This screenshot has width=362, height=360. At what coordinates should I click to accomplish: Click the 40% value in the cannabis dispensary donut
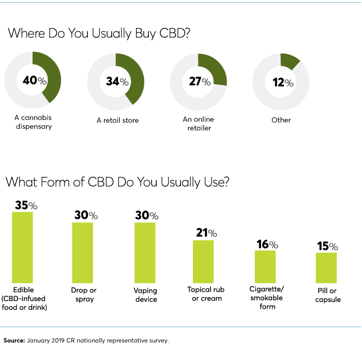pos(34,81)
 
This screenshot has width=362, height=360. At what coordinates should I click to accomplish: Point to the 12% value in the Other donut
pos(282,82)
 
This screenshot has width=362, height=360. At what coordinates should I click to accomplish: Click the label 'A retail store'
pos(117,121)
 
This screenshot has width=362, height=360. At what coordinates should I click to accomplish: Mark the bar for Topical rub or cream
pos(203,261)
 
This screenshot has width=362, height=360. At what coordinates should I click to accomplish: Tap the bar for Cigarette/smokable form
pos(265,266)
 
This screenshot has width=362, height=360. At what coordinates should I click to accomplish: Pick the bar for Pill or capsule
pos(326,267)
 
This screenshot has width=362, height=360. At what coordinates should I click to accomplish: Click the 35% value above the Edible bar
pos(26,205)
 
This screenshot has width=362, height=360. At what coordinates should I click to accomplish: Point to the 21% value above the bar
pos(206,233)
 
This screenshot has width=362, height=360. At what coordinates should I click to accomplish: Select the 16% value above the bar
pos(267,244)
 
